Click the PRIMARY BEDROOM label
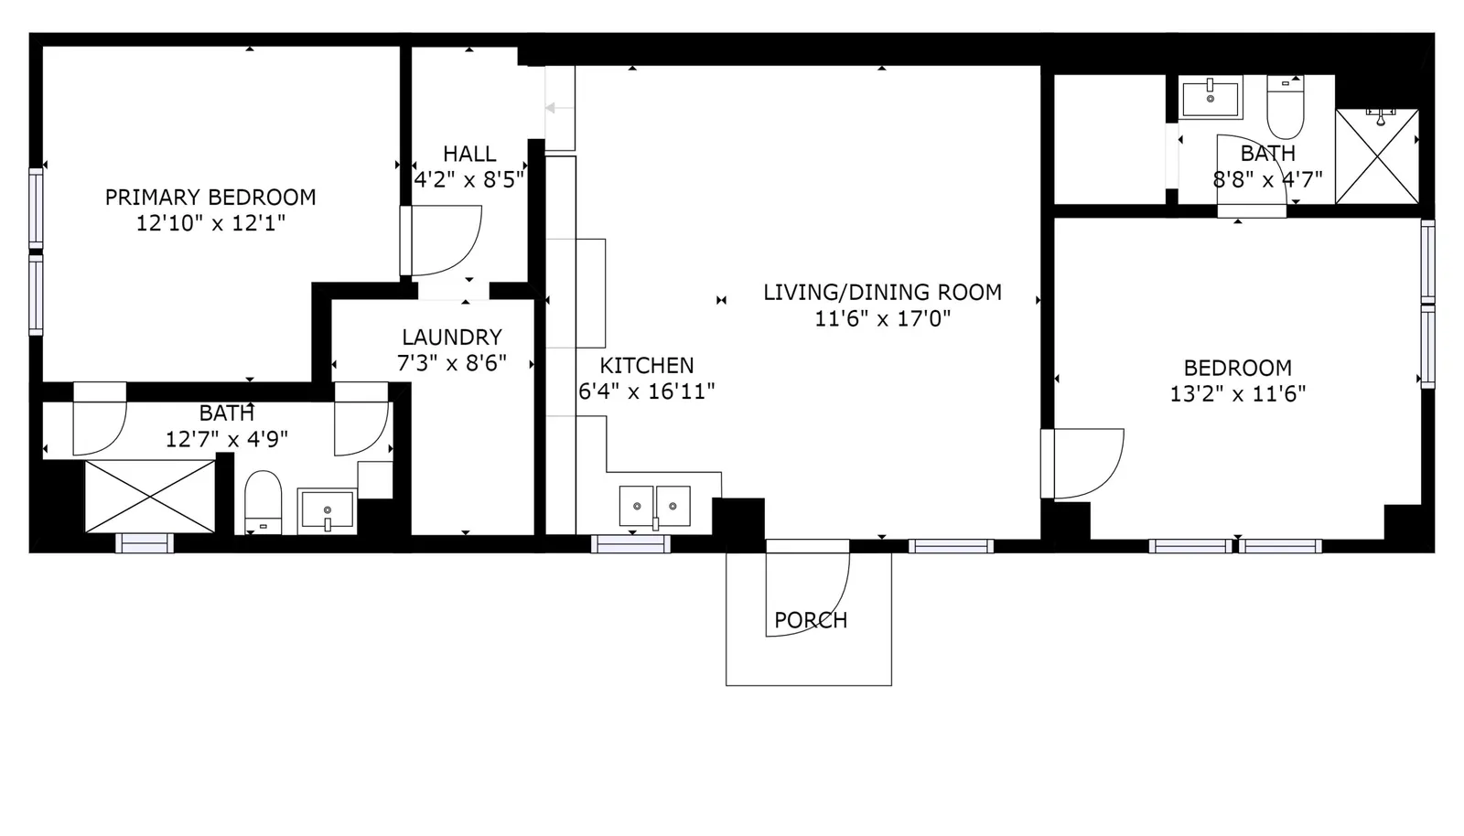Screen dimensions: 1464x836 [210, 197]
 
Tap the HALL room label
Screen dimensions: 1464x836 [469, 154]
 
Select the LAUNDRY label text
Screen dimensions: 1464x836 [452, 337]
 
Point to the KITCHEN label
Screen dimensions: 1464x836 [646, 365]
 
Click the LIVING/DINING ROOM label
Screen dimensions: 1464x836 [882, 292]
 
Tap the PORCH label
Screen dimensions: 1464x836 [811, 620]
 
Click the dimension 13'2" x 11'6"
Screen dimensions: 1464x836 [1237, 394]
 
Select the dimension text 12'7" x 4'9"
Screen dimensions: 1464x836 [226, 439]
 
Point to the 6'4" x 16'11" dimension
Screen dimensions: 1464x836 [646, 391]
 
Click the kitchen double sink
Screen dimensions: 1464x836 [655, 506]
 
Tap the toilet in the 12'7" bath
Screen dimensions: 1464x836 [263, 501]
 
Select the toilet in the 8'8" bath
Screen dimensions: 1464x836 [1285, 106]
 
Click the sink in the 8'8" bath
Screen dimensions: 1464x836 [1210, 97]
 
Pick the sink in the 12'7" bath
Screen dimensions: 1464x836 [327, 510]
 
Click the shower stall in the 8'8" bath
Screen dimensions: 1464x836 [1377, 156]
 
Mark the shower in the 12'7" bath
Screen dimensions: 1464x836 [150, 497]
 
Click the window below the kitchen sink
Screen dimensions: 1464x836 [630, 544]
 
